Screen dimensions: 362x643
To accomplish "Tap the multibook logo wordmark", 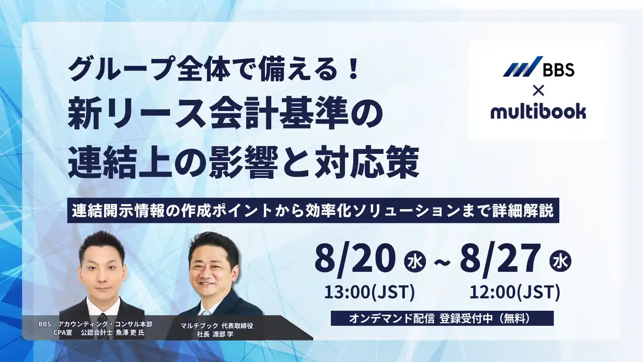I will pos(538,110).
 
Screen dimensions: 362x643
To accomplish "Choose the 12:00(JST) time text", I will pos(515,291).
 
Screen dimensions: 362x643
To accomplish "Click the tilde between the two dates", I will pos(442,262).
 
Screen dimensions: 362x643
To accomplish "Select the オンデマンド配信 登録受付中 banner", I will pos(442,318).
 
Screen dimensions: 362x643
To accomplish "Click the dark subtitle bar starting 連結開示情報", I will pos(313,211).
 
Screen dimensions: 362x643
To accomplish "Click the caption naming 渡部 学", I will pos(217,330).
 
